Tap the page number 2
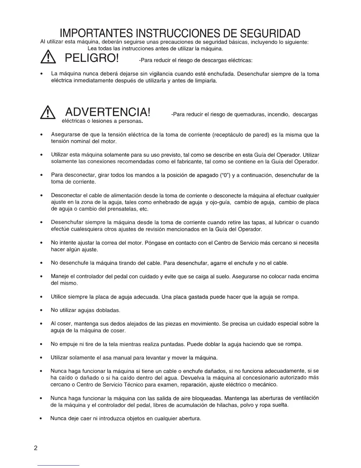coord(36,448)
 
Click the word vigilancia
coord(163,74)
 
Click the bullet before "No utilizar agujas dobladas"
coord(43,311)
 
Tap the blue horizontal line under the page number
coord(59,465)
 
